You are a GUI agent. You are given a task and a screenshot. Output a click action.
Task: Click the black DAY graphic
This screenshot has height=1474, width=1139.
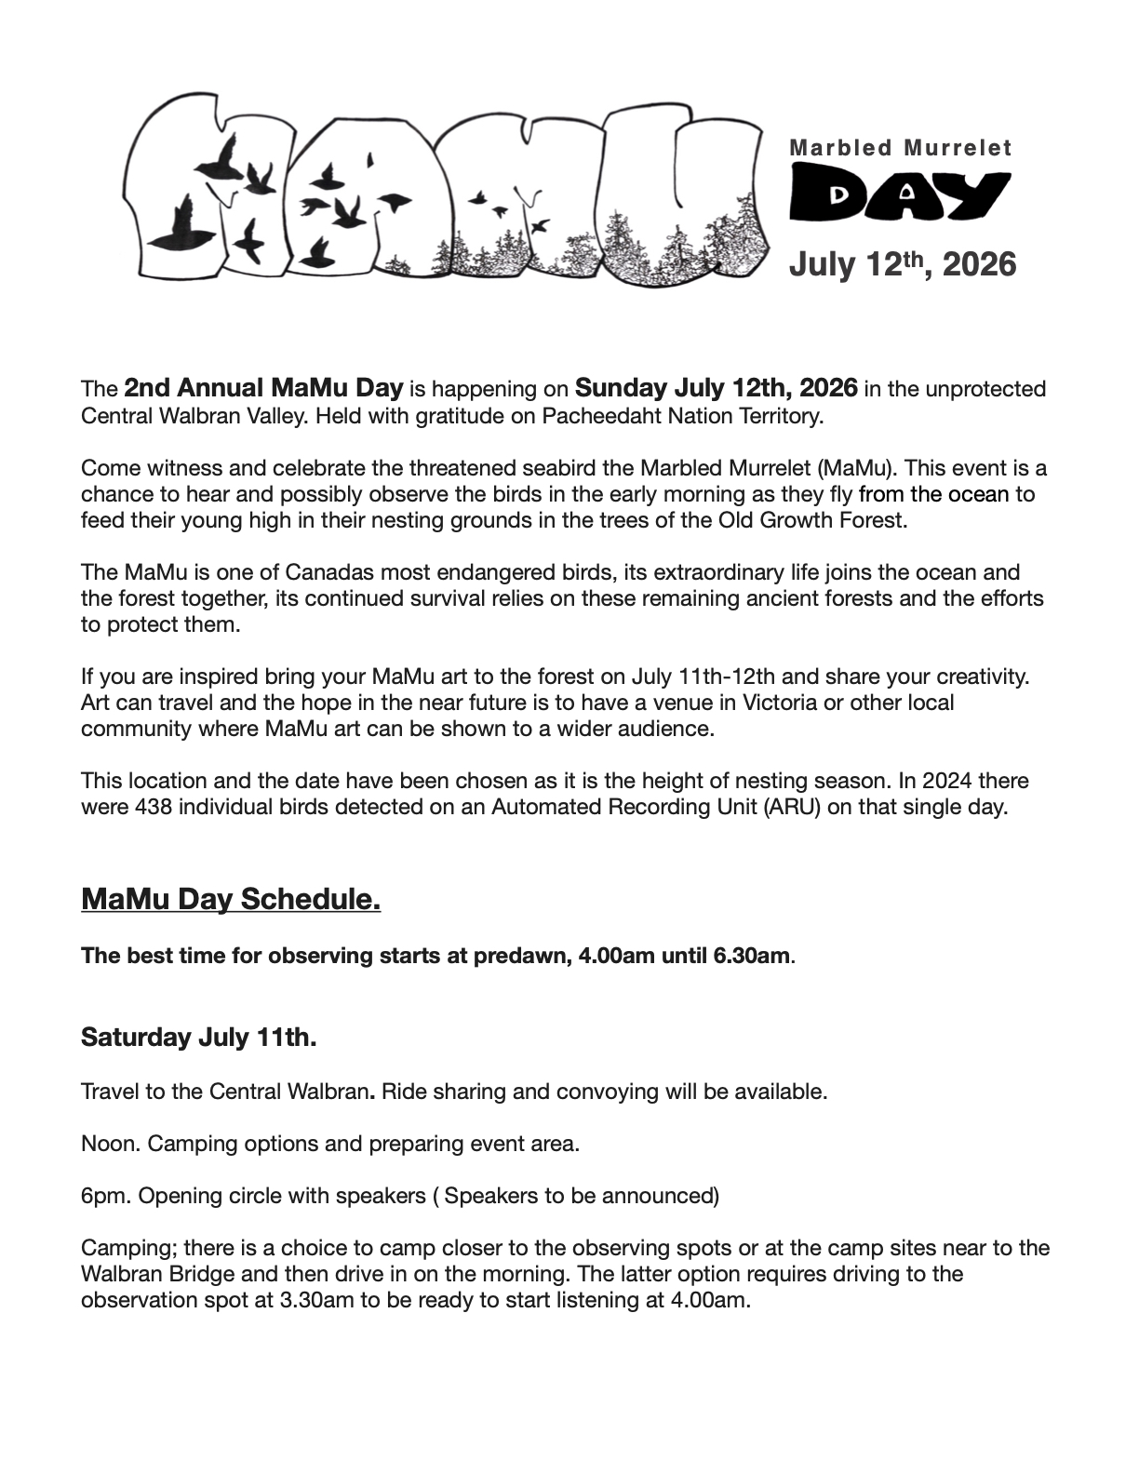coord(899,194)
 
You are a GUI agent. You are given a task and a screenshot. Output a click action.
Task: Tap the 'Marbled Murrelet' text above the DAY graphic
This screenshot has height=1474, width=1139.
coord(900,147)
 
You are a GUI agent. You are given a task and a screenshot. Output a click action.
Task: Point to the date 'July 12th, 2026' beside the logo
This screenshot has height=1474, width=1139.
coord(902,264)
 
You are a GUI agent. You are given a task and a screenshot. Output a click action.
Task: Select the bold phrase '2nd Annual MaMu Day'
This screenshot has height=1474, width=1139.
coord(263,387)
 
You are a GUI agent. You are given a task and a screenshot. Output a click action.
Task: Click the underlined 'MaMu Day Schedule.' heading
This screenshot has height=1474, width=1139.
coord(231,900)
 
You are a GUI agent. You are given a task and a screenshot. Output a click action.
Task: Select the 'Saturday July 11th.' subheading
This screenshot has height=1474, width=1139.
coord(198,1038)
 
